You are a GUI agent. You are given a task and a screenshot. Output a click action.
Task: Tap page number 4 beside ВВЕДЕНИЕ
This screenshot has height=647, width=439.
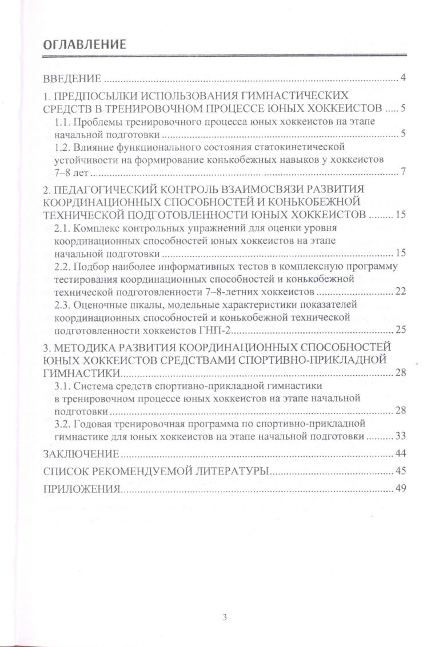(x=403, y=78)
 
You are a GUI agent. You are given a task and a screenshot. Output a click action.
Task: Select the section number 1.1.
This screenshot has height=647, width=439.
(x=62, y=123)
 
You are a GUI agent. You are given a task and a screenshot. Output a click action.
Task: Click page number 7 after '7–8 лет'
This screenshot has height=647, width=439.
(x=403, y=172)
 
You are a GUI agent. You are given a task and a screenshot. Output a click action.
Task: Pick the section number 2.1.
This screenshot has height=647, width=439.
(x=62, y=228)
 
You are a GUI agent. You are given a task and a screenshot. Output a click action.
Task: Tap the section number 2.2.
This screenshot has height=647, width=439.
(x=62, y=267)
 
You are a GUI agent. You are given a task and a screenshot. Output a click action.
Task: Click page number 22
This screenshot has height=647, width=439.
(x=400, y=292)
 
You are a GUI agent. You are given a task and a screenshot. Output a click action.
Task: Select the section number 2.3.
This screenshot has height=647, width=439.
(x=62, y=305)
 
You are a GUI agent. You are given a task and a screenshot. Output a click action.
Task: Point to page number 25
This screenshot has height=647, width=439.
(x=400, y=330)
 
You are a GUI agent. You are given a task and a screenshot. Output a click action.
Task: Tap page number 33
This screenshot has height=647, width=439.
(x=400, y=436)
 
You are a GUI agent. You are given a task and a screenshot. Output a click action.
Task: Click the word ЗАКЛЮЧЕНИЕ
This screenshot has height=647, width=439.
(x=81, y=454)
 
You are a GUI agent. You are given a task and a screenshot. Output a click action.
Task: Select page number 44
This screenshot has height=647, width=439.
(x=400, y=454)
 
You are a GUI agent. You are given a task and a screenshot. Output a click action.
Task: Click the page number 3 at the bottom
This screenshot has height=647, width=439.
(x=225, y=616)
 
